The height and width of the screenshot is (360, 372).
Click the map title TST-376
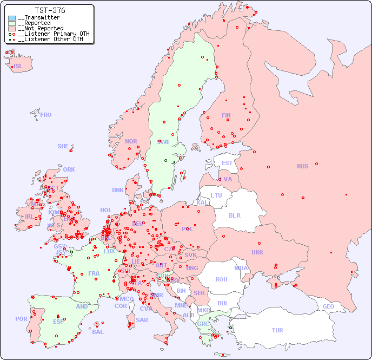click(x=50, y=10)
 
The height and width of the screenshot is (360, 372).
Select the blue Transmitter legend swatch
click(x=12, y=18)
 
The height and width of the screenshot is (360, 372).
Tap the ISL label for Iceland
click(x=18, y=67)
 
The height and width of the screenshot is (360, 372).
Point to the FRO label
click(x=46, y=115)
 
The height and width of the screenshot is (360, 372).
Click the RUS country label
click(x=302, y=166)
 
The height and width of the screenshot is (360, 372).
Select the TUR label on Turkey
click(x=277, y=330)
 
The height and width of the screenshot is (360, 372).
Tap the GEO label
click(x=328, y=306)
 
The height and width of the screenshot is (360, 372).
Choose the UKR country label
click(x=257, y=252)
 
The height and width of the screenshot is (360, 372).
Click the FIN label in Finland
click(x=226, y=115)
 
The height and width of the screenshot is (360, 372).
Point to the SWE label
click(x=163, y=142)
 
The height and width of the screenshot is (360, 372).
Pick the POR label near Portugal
click(x=21, y=319)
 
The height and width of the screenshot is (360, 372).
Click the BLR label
click(x=234, y=215)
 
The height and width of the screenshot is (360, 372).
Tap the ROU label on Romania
click(x=221, y=279)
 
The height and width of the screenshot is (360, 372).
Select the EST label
click(x=227, y=163)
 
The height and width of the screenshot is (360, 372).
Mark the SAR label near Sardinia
click(x=142, y=320)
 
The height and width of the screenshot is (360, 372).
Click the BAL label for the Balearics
click(x=97, y=332)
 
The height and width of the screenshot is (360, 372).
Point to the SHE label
click(x=63, y=146)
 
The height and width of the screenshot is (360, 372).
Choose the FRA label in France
click(x=94, y=273)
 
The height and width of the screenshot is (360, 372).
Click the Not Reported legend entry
click(x=41, y=28)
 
